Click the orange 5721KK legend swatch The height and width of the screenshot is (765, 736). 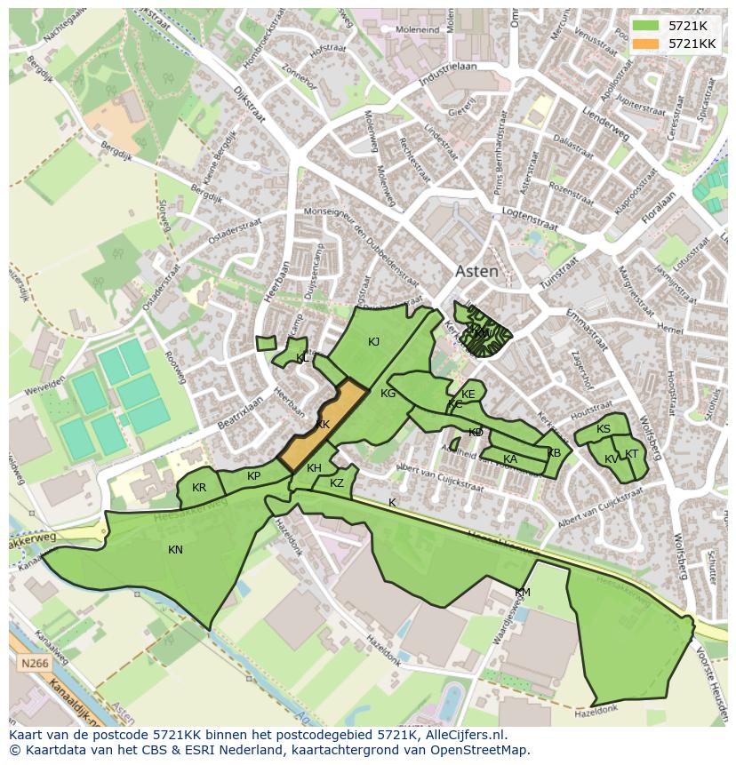pos(647,44)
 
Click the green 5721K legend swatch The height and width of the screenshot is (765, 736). pos(647,26)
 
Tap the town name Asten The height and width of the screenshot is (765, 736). pos(476,272)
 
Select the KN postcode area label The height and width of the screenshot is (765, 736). pos(175,550)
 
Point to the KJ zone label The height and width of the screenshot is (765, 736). pos(374,342)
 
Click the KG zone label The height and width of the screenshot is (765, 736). pos(388,394)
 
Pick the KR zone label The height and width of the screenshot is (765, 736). pos(199,488)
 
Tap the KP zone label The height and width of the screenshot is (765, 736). pos(254,476)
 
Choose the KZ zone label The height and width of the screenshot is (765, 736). pos(337,483)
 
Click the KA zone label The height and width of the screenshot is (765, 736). pos(510,459)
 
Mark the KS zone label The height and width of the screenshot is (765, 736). pos(604,430)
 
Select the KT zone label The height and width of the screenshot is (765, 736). pos(632,454)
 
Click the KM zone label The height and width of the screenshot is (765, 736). pos(523,593)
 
